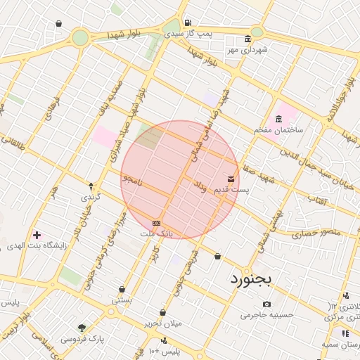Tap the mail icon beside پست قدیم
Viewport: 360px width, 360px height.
[x=231, y=180]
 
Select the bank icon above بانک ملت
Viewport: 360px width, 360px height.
[x=156, y=223]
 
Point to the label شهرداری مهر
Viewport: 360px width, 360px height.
[x=246, y=50]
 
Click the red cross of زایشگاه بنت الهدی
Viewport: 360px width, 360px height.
[x=37, y=233]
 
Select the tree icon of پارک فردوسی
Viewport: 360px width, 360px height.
[x=82, y=328]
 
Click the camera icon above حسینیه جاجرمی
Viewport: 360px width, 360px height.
[x=266, y=304]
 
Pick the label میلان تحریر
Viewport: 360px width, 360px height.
[x=162, y=323]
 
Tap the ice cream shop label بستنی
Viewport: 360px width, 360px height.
[x=122, y=300]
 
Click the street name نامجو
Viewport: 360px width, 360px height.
[x=131, y=180]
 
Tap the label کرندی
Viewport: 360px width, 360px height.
[x=91, y=198]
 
